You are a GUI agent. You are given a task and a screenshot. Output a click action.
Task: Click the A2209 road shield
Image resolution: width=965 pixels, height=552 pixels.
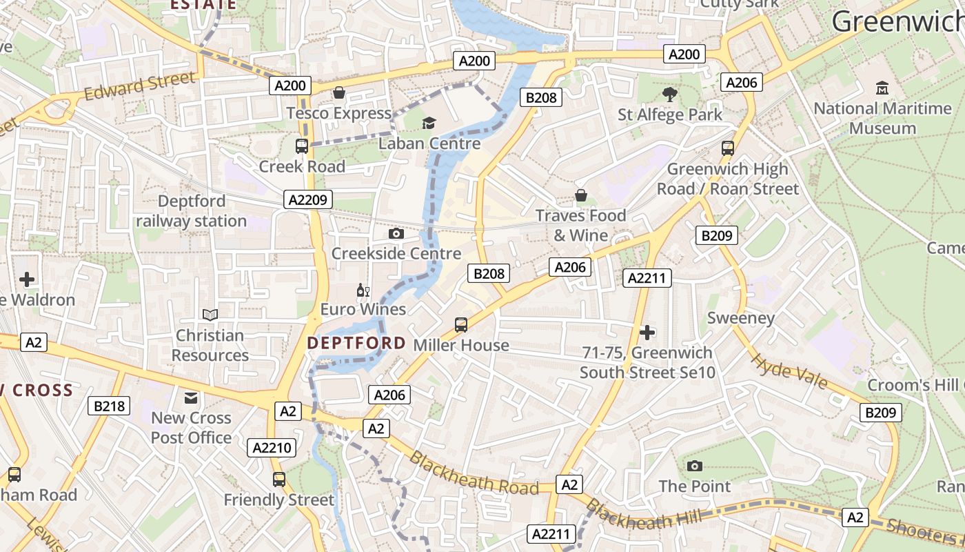click(308, 200)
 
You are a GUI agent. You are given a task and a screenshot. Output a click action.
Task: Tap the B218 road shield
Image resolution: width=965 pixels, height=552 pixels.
click(109, 406)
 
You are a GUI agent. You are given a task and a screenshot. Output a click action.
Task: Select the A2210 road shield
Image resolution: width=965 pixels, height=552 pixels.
click(272, 448)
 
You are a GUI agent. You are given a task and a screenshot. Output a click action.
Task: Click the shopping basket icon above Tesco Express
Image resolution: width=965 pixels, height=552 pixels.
click(339, 92)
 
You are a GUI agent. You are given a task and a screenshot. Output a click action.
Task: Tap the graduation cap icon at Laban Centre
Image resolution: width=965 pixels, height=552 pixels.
click(429, 123)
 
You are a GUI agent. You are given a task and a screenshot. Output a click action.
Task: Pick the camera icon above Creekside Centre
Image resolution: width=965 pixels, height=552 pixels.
click(396, 233)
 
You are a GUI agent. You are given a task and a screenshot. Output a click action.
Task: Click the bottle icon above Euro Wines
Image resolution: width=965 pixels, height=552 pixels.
click(363, 290)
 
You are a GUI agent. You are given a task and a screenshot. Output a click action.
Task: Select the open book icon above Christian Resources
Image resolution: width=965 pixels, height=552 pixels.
click(210, 315)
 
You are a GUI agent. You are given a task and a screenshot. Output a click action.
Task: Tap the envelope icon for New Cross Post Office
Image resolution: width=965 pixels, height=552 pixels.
click(191, 397)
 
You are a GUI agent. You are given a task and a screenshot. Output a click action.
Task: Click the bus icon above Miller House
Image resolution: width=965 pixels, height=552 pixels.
click(461, 324)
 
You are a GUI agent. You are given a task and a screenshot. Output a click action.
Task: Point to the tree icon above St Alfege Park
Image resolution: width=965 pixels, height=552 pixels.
click(669, 94)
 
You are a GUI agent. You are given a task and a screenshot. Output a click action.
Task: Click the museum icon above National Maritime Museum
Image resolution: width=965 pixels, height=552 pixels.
click(882, 88)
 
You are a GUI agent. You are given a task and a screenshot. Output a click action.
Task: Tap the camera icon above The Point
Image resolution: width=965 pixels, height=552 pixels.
click(695, 466)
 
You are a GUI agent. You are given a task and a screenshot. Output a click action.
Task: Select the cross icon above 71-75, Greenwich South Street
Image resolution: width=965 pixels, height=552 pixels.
click(647, 333)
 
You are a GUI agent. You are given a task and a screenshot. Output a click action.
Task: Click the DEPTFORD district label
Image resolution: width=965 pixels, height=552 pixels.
click(356, 343)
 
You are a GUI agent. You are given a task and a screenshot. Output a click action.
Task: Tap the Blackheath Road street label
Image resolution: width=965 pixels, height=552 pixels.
click(474, 473)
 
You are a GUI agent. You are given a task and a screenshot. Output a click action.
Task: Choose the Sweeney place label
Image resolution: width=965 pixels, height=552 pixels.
click(741, 318)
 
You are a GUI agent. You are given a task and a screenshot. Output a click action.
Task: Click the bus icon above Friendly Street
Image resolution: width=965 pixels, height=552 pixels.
click(279, 479)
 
